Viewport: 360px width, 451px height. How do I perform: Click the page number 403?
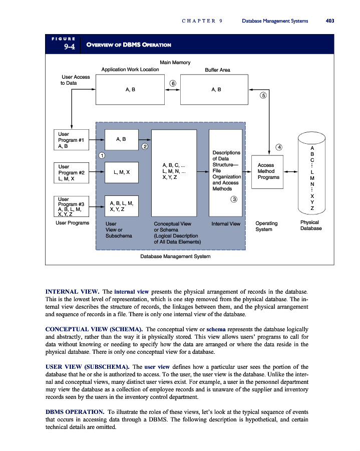(329, 21)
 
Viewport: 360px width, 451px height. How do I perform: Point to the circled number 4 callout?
(278, 147)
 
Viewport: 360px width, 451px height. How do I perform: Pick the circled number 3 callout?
(233, 200)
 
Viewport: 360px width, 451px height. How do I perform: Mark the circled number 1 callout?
(101, 155)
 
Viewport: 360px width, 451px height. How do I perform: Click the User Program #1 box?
(71, 140)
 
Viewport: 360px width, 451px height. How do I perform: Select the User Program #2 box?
(71, 172)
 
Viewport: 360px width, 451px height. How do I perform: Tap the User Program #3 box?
(71, 207)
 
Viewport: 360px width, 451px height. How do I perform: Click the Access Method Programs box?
(267, 171)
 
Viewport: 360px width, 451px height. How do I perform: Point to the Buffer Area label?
(217, 70)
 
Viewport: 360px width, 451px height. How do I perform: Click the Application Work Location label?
(130, 70)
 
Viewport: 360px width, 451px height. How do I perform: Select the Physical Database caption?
(311, 225)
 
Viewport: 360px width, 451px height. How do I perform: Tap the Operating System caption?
(266, 226)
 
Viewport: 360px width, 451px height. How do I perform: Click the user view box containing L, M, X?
(121, 172)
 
